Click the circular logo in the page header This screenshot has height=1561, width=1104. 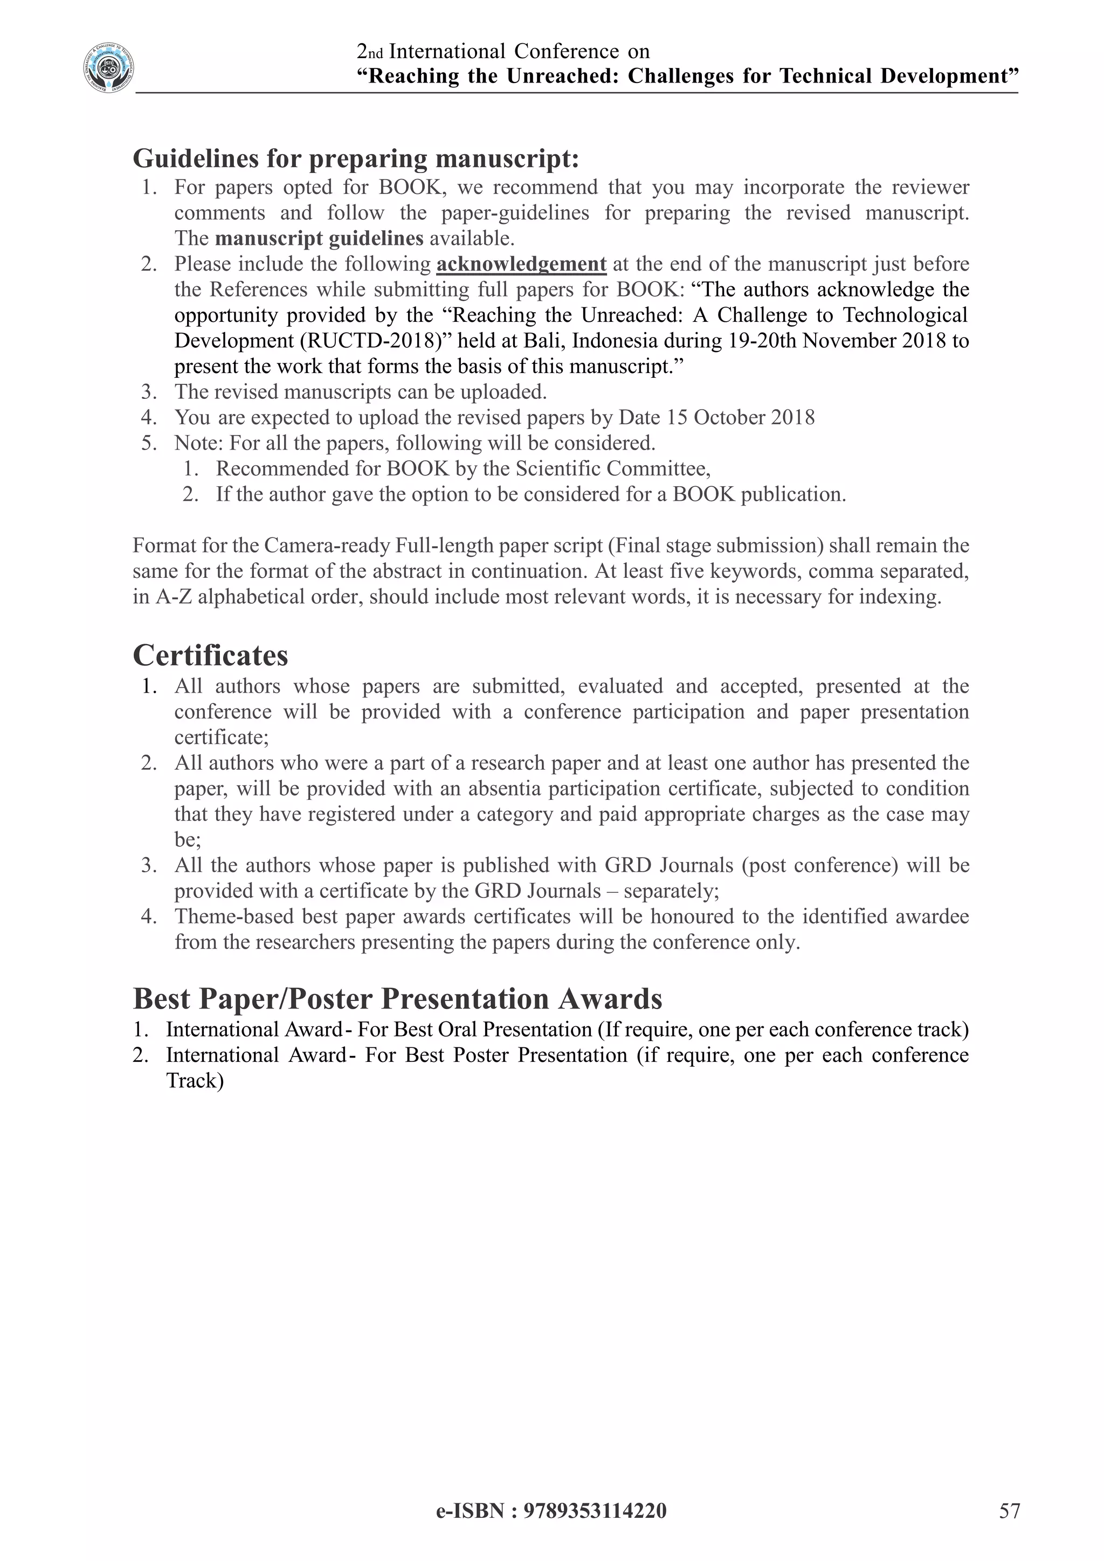point(109,68)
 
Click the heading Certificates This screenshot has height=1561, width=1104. point(210,655)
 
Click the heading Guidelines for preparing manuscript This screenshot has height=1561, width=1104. point(356,158)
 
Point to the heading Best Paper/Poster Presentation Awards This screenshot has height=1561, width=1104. point(397,999)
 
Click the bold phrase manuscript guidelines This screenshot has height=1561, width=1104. point(319,239)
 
